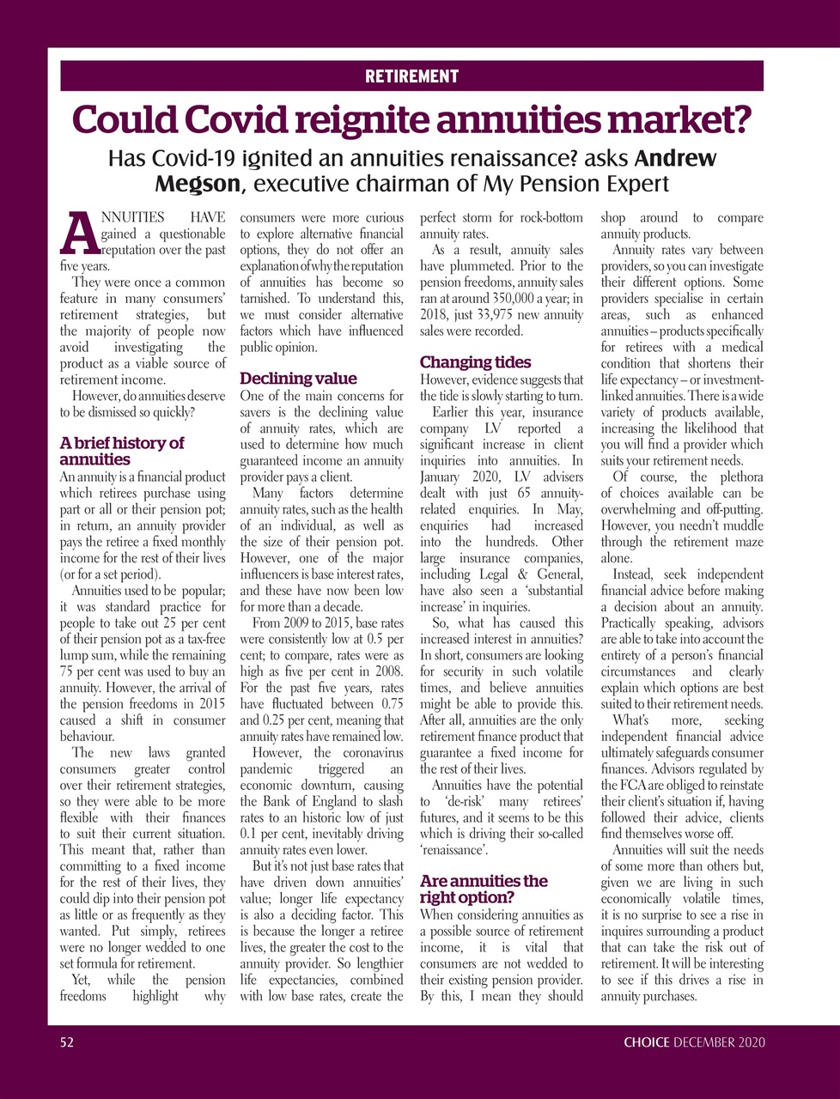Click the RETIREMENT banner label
(x=411, y=76)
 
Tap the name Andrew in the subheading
(x=675, y=159)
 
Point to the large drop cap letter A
(x=80, y=234)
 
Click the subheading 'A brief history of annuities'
(x=122, y=451)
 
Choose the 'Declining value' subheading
(x=297, y=379)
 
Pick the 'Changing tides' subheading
(x=475, y=362)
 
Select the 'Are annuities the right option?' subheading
(x=484, y=890)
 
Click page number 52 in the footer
(x=67, y=1042)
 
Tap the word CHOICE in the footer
(x=646, y=1042)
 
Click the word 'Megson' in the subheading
(x=197, y=184)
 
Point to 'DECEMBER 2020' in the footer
(x=719, y=1042)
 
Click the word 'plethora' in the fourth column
(x=736, y=477)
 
